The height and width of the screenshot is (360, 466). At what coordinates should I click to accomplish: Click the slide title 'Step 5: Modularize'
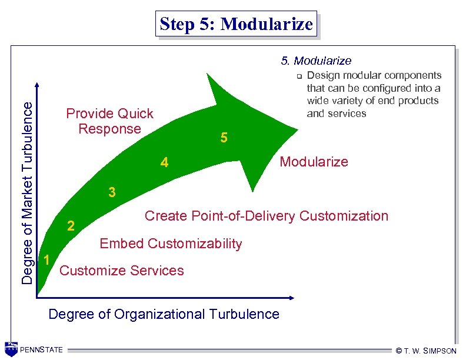(x=236, y=24)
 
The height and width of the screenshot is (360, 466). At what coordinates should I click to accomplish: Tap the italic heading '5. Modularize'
(x=316, y=61)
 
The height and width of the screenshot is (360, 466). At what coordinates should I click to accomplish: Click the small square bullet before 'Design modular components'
(x=299, y=76)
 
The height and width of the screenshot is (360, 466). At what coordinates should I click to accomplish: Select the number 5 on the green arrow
(x=224, y=138)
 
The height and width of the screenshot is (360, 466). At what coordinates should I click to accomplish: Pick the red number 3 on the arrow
(x=111, y=192)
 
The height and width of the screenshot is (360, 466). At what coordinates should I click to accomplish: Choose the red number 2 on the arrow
(x=71, y=226)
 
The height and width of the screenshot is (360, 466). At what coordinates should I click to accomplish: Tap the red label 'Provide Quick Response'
(x=109, y=121)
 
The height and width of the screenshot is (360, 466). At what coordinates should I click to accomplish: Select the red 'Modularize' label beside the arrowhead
(x=314, y=162)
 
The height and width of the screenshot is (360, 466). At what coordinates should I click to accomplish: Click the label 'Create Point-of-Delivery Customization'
(x=266, y=216)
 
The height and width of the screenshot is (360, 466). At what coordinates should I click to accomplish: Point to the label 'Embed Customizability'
(x=171, y=244)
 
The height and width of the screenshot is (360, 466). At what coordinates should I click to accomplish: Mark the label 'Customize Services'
(x=122, y=271)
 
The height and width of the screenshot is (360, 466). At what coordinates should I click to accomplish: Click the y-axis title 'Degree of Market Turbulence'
(x=27, y=191)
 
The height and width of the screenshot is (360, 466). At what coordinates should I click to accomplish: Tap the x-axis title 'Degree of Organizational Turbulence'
(x=164, y=314)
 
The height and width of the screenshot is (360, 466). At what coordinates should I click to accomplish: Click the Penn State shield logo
(x=11, y=349)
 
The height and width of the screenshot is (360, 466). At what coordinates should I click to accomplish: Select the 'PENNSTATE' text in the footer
(x=41, y=350)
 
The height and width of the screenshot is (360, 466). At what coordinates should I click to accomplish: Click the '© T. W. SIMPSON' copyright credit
(x=426, y=351)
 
